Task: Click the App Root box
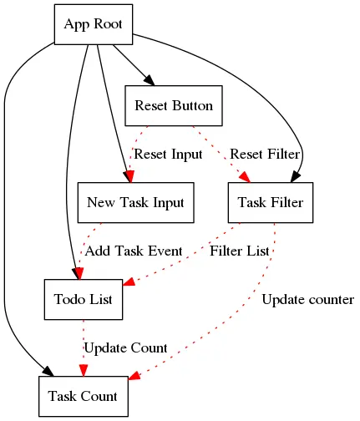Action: click(94, 24)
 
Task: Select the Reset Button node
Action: click(174, 106)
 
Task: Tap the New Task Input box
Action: click(136, 203)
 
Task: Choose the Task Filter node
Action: click(271, 203)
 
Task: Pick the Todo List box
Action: click(84, 300)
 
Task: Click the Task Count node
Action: click(84, 397)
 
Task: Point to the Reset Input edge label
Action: click(168, 155)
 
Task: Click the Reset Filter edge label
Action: click(265, 155)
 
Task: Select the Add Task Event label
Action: click(134, 251)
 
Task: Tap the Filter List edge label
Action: click(240, 251)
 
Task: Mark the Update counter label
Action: click(308, 300)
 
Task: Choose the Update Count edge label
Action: click(125, 348)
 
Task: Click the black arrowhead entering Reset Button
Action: click(150, 80)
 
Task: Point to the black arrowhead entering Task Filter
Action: click(296, 177)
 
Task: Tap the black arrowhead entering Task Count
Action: click(48, 372)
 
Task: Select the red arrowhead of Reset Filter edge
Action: click(245, 177)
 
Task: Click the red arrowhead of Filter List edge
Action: click(129, 282)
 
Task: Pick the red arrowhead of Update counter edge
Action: click(134, 375)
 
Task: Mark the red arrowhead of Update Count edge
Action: click(84, 371)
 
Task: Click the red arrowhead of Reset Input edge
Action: click(129, 177)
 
